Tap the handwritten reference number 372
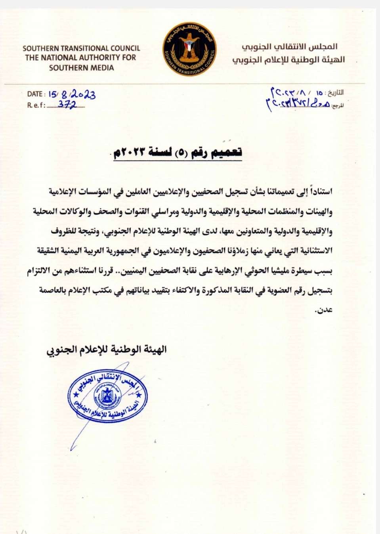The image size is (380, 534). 67,105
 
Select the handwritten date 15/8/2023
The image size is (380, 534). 72,94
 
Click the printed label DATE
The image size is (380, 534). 35,94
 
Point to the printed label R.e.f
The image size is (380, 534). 36,105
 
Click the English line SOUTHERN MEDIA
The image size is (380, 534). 81,68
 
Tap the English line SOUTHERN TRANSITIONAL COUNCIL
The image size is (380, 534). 81,48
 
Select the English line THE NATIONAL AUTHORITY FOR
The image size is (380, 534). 80,58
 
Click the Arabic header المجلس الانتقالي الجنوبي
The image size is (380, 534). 290,47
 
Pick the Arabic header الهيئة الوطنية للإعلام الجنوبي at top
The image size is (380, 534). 288,60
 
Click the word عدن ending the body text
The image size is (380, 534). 324,310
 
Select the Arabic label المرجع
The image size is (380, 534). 338,106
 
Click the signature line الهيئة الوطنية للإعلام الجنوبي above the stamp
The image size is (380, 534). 107,350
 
